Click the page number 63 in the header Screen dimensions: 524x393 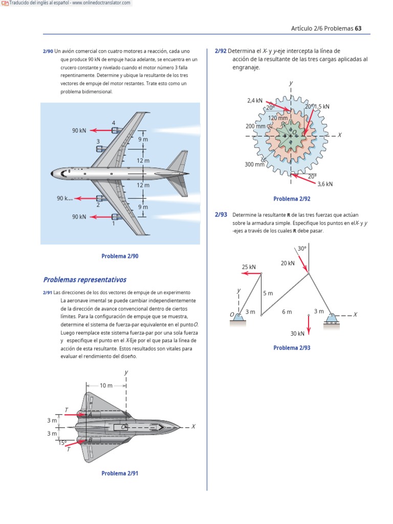click(x=358, y=28)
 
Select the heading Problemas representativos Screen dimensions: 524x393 click(x=84, y=280)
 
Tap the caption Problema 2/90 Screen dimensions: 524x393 click(x=120, y=256)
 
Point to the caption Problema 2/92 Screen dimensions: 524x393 click(x=292, y=199)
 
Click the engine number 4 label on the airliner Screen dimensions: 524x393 click(x=114, y=123)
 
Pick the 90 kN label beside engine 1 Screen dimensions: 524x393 click(x=79, y=217)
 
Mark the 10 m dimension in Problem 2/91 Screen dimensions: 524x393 click(x=106, y=385)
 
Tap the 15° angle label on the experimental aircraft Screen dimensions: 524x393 click(x=62, y=443)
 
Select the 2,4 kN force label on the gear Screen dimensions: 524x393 click(x=255, y=100)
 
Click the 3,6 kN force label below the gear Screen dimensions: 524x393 click(x=325, y=184)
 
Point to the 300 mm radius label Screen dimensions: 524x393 click(x=255, y=164)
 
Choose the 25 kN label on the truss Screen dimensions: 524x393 click(x=249, y=267)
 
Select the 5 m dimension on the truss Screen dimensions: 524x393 click(x=268, y=293)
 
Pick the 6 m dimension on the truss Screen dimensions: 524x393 click(x=287, y=312)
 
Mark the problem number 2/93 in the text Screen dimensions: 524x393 click(x=221, y=214)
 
